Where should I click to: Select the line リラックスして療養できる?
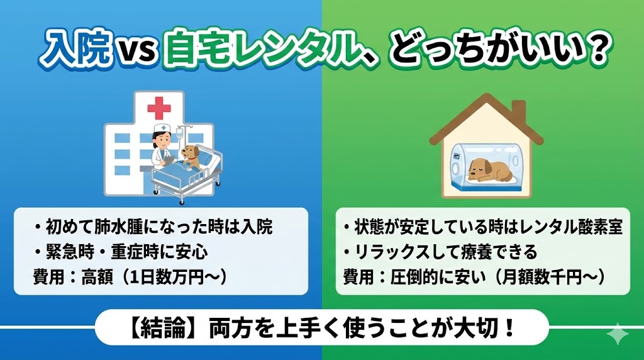pos(441,252)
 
